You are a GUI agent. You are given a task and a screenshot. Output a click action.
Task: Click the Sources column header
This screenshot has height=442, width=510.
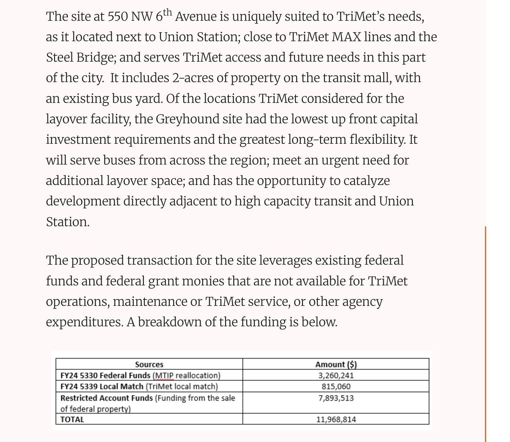point(149,364)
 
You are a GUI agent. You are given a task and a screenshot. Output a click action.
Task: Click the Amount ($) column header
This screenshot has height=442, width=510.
point(336,364)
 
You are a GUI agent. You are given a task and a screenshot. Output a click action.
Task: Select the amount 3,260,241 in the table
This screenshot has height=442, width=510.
point(336,375)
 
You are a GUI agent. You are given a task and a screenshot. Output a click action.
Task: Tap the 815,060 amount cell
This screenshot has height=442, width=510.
point(336,386)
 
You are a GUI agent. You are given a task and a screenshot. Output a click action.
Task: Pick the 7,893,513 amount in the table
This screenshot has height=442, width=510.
point(336,398)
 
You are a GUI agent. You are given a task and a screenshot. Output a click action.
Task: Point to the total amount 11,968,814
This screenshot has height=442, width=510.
point(336,419)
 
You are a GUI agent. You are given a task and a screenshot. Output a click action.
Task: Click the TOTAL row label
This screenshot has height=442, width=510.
point(72,419)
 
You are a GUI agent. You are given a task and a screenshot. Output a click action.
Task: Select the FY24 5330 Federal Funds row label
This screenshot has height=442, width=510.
point(105,375)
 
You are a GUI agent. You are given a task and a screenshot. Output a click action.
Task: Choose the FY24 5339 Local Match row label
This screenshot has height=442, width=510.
point(102,386)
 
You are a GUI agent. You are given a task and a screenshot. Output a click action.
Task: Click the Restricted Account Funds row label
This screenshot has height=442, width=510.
point(107,398)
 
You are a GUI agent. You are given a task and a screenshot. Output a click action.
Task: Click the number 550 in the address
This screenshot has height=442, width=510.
point(118,17)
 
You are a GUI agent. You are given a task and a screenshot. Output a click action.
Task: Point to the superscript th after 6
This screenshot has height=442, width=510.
point(168,12)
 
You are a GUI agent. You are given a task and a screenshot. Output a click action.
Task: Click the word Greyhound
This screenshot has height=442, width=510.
point(188,119)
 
